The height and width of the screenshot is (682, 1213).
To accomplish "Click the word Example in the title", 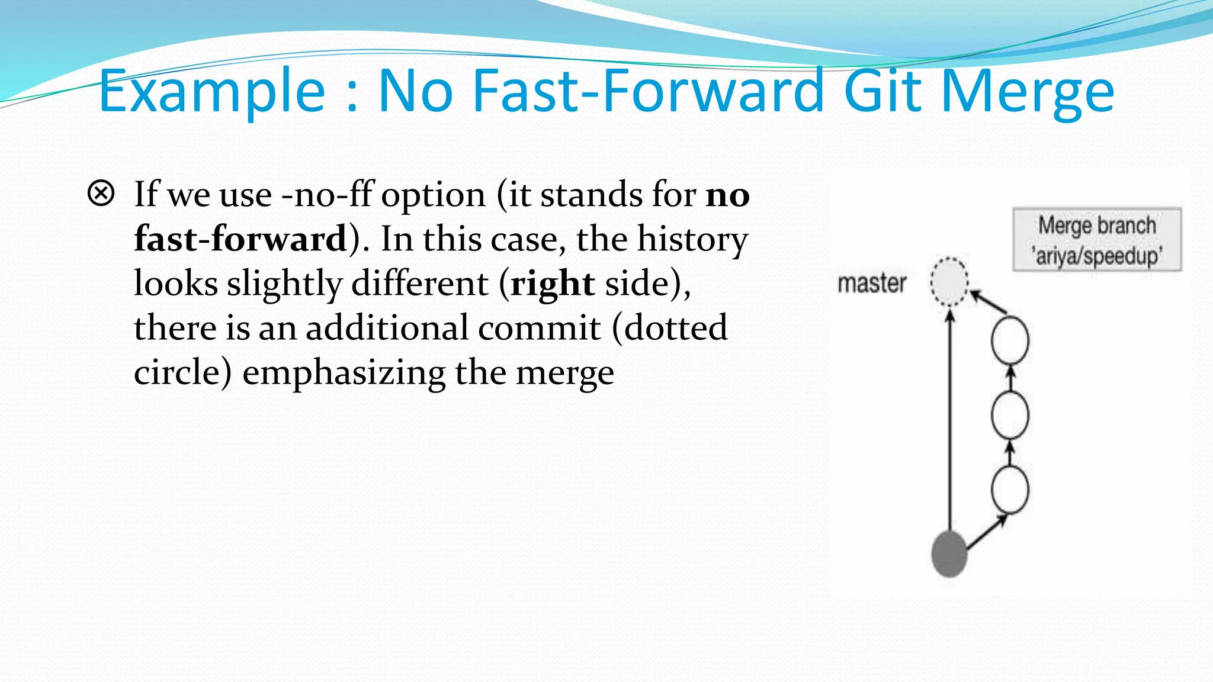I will coord(211,92).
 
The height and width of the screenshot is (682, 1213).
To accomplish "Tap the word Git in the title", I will coord(882,92).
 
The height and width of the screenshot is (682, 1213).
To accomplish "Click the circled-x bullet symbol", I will coord(101,194).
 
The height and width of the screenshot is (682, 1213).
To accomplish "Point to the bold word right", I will coord(552,284).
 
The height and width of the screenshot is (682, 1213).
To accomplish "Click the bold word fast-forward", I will coord(240,239).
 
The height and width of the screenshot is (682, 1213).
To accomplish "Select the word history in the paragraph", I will coord(692,239).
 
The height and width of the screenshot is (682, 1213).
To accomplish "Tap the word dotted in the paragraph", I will coord(675,327).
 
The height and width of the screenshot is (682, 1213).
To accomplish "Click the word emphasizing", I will coord(344,372).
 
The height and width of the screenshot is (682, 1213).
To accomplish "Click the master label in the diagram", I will coord(871,284).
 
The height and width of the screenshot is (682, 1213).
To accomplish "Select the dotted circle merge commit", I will coord(949,282).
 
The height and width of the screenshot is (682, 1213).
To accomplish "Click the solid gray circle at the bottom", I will coord(949,554).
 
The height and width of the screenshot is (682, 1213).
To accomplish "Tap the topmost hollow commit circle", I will coord(1010,340).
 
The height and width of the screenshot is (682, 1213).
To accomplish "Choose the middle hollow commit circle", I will coord(1010,415).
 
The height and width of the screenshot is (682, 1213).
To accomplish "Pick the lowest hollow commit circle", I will coord(1010,490).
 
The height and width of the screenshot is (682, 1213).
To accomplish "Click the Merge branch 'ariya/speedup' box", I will coord(1097,240).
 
